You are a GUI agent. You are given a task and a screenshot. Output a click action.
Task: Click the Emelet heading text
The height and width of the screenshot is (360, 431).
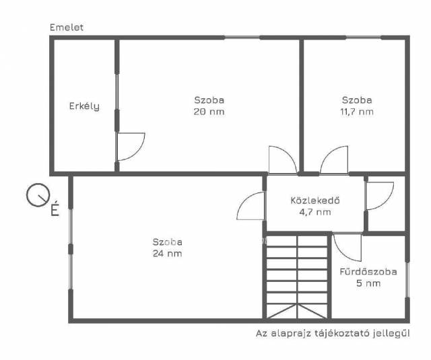(67, 28)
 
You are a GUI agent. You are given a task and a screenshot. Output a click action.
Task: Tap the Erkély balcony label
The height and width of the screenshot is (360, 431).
(84, 106)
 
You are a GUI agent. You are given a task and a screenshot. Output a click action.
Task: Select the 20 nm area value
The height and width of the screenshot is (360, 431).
(209, 112)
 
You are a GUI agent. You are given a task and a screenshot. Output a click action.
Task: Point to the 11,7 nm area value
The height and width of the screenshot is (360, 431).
(357, 112)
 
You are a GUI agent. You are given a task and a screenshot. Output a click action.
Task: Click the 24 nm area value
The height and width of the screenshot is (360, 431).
(168, 254)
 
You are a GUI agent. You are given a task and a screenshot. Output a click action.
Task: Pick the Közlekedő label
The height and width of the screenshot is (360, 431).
(315, 200)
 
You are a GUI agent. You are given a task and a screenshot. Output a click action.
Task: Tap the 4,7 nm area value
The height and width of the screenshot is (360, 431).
(315, 212)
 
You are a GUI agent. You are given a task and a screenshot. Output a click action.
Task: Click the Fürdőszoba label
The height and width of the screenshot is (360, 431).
(368, 272)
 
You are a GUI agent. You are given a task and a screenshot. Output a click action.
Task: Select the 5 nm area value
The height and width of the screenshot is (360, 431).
(368, 283)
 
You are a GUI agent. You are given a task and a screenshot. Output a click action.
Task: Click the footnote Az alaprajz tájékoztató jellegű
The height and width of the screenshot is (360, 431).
(333, 333)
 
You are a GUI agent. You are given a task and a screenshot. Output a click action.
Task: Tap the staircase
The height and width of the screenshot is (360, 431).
(297, 277)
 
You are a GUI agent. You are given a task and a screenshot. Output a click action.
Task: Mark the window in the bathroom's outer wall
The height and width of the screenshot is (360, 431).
(407, 279)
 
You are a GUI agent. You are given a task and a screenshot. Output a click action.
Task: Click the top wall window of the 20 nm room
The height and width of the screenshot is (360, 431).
(242, 37)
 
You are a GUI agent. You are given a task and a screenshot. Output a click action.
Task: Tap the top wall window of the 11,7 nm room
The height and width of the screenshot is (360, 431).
(364, 37)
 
